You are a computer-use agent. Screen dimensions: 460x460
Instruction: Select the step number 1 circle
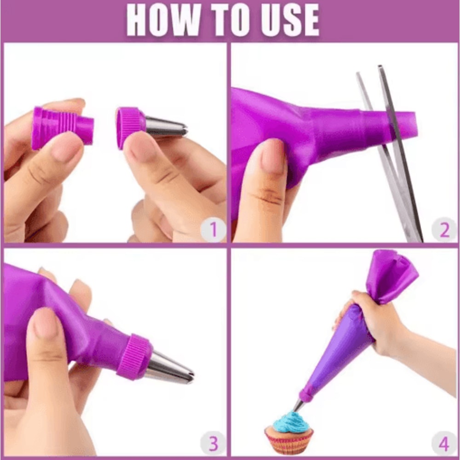pyautogui.click(x=213, y=229)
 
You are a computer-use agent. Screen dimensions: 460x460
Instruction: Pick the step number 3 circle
pyautogui.click(x=213, y=443)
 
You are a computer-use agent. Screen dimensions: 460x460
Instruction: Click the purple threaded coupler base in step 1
pyautogui.click(x=63, y=128)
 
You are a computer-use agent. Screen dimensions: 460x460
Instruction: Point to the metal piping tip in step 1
pyautogui.click(x=166, y=127)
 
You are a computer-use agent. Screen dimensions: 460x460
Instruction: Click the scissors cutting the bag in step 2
pyautogui.click(x=393, y=153)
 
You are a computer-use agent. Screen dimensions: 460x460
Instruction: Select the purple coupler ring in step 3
pyautogui.click(x=135, y=356)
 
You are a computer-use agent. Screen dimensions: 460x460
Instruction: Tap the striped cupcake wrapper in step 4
pyautogui.click(x=289, y=442)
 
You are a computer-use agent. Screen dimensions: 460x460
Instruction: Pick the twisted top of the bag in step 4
pyautogui.click(x=390, y=275)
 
